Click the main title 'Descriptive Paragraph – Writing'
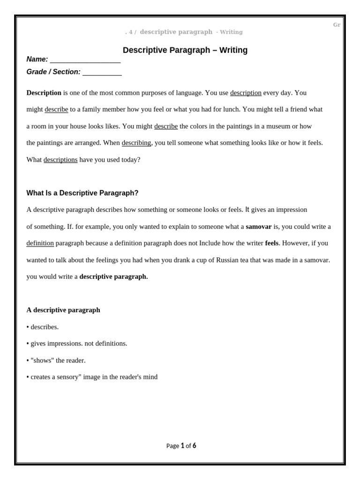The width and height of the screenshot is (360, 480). tap(185, 50)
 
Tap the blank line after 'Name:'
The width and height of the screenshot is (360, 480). tap(85, 60)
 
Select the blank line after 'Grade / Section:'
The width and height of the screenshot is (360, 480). tap(102, 72)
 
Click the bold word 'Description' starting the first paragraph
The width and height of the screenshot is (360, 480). tap(44, 93)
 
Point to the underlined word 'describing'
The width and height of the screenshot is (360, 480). tap(136, 142)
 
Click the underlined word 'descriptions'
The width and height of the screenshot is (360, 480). tap(60, 159)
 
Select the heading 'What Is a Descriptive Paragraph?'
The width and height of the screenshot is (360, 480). tap(82, 193)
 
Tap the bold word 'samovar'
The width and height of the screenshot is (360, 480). tap(258, 226)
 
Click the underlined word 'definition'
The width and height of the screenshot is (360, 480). tap(40, 243)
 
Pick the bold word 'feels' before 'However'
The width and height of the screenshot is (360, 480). tap(271, 243)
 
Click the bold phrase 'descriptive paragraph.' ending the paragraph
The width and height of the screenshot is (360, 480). tap(113, 277)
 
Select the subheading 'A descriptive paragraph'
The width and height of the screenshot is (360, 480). tap(63, 310)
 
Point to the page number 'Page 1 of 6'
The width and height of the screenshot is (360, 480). tap(181, 446)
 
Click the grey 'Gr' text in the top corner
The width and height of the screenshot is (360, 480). tap(337, 25)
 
